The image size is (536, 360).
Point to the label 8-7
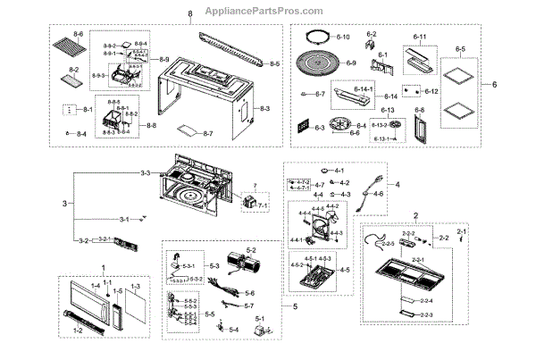click(206, 133)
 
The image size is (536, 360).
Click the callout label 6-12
click(431, 92)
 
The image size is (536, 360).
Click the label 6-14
click(390, 96)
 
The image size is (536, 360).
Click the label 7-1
click(264, 205)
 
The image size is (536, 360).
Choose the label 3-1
click(123, 219)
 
